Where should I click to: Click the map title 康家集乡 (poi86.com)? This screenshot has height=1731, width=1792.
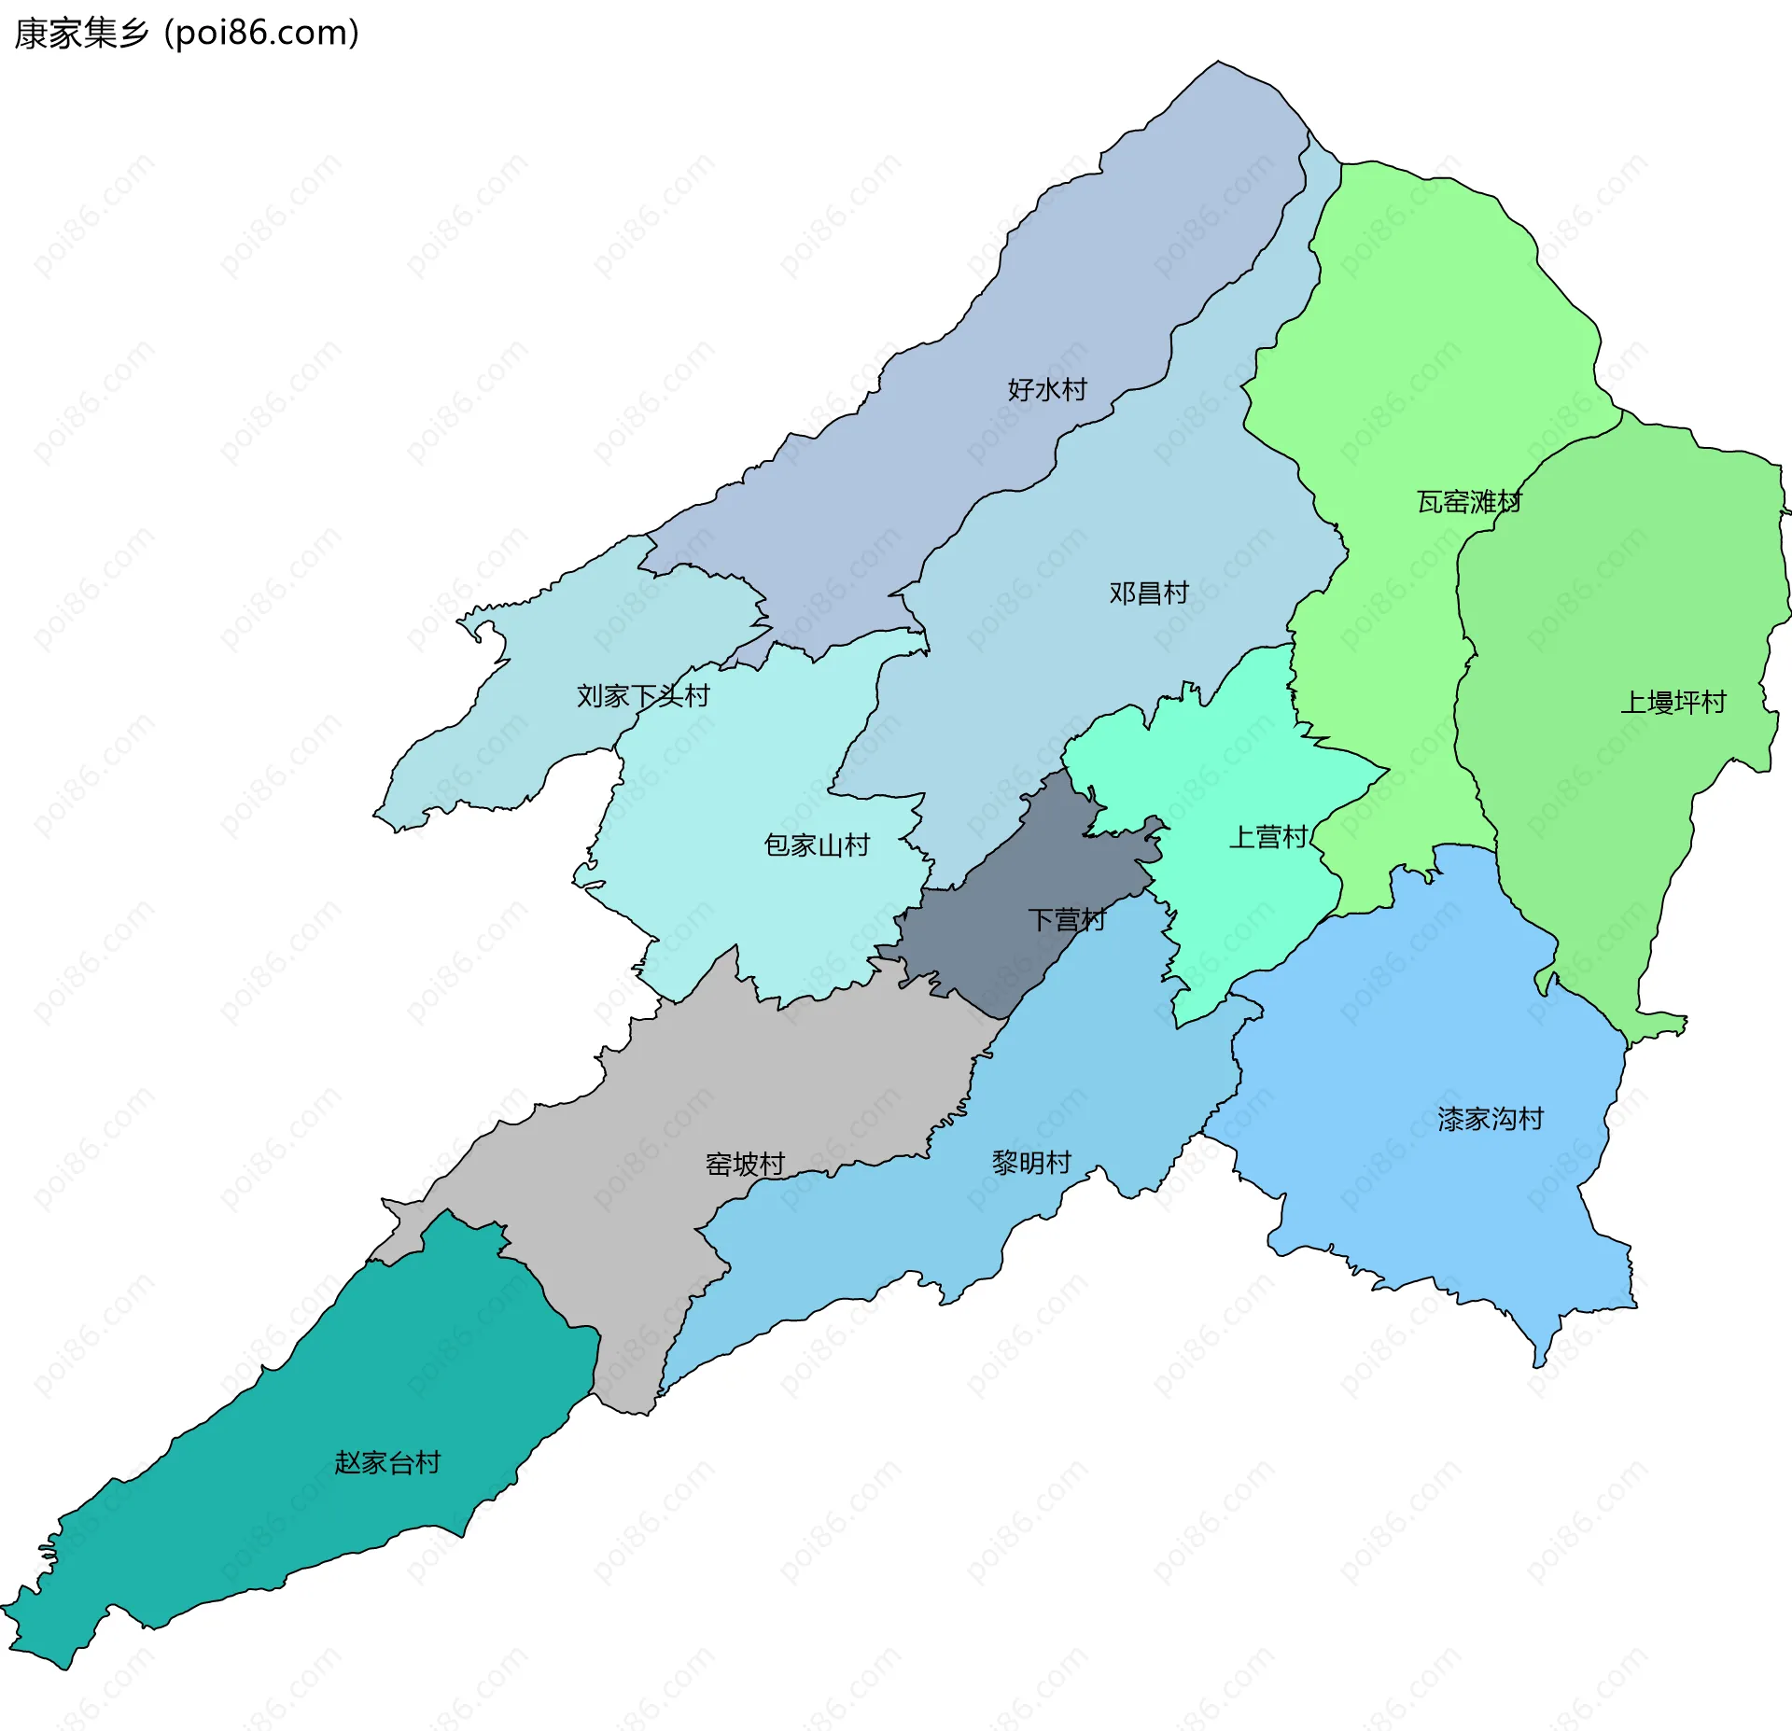187,34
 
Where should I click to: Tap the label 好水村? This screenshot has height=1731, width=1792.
1047,389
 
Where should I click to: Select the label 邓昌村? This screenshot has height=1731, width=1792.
1148,593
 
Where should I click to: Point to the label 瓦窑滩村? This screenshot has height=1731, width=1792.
1469,502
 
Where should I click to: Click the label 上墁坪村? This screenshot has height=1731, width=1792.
1673,702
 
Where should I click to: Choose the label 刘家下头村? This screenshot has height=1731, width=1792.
643,695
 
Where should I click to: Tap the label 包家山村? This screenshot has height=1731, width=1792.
817,845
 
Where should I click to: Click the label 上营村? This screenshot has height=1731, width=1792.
1267,836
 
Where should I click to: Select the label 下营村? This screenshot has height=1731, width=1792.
1067,919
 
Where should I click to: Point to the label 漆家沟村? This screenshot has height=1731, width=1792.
1491,1118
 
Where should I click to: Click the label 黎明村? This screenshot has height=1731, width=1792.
1031,1162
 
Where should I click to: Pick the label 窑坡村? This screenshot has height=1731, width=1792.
745,1164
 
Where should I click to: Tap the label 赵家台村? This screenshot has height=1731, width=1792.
387,1461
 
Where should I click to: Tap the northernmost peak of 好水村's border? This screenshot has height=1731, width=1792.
1217,63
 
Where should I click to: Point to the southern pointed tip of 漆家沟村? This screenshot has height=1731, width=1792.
1539,1365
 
